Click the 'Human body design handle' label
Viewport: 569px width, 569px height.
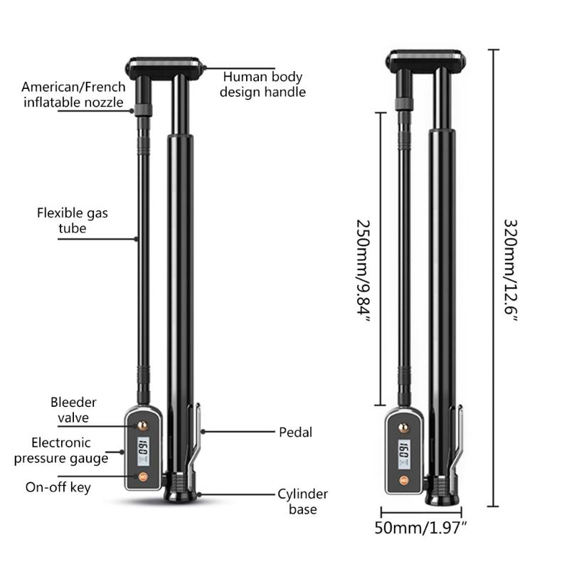click(262, 84)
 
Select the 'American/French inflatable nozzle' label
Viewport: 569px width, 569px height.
click(73, 95)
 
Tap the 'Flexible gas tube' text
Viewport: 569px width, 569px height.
click(73, 220)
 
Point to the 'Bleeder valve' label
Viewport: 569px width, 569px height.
click(73, 410)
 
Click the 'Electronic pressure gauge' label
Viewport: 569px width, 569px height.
click(60, 450)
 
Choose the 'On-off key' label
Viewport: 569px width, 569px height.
click(58, 487)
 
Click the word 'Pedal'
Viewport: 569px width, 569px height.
click(294, 432)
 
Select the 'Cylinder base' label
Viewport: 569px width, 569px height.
click(302, 501)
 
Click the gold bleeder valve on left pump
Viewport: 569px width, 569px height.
click(142, 426)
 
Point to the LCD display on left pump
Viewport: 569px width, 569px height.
click(142, 450)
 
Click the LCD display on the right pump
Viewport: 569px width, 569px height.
click(403, 450)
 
